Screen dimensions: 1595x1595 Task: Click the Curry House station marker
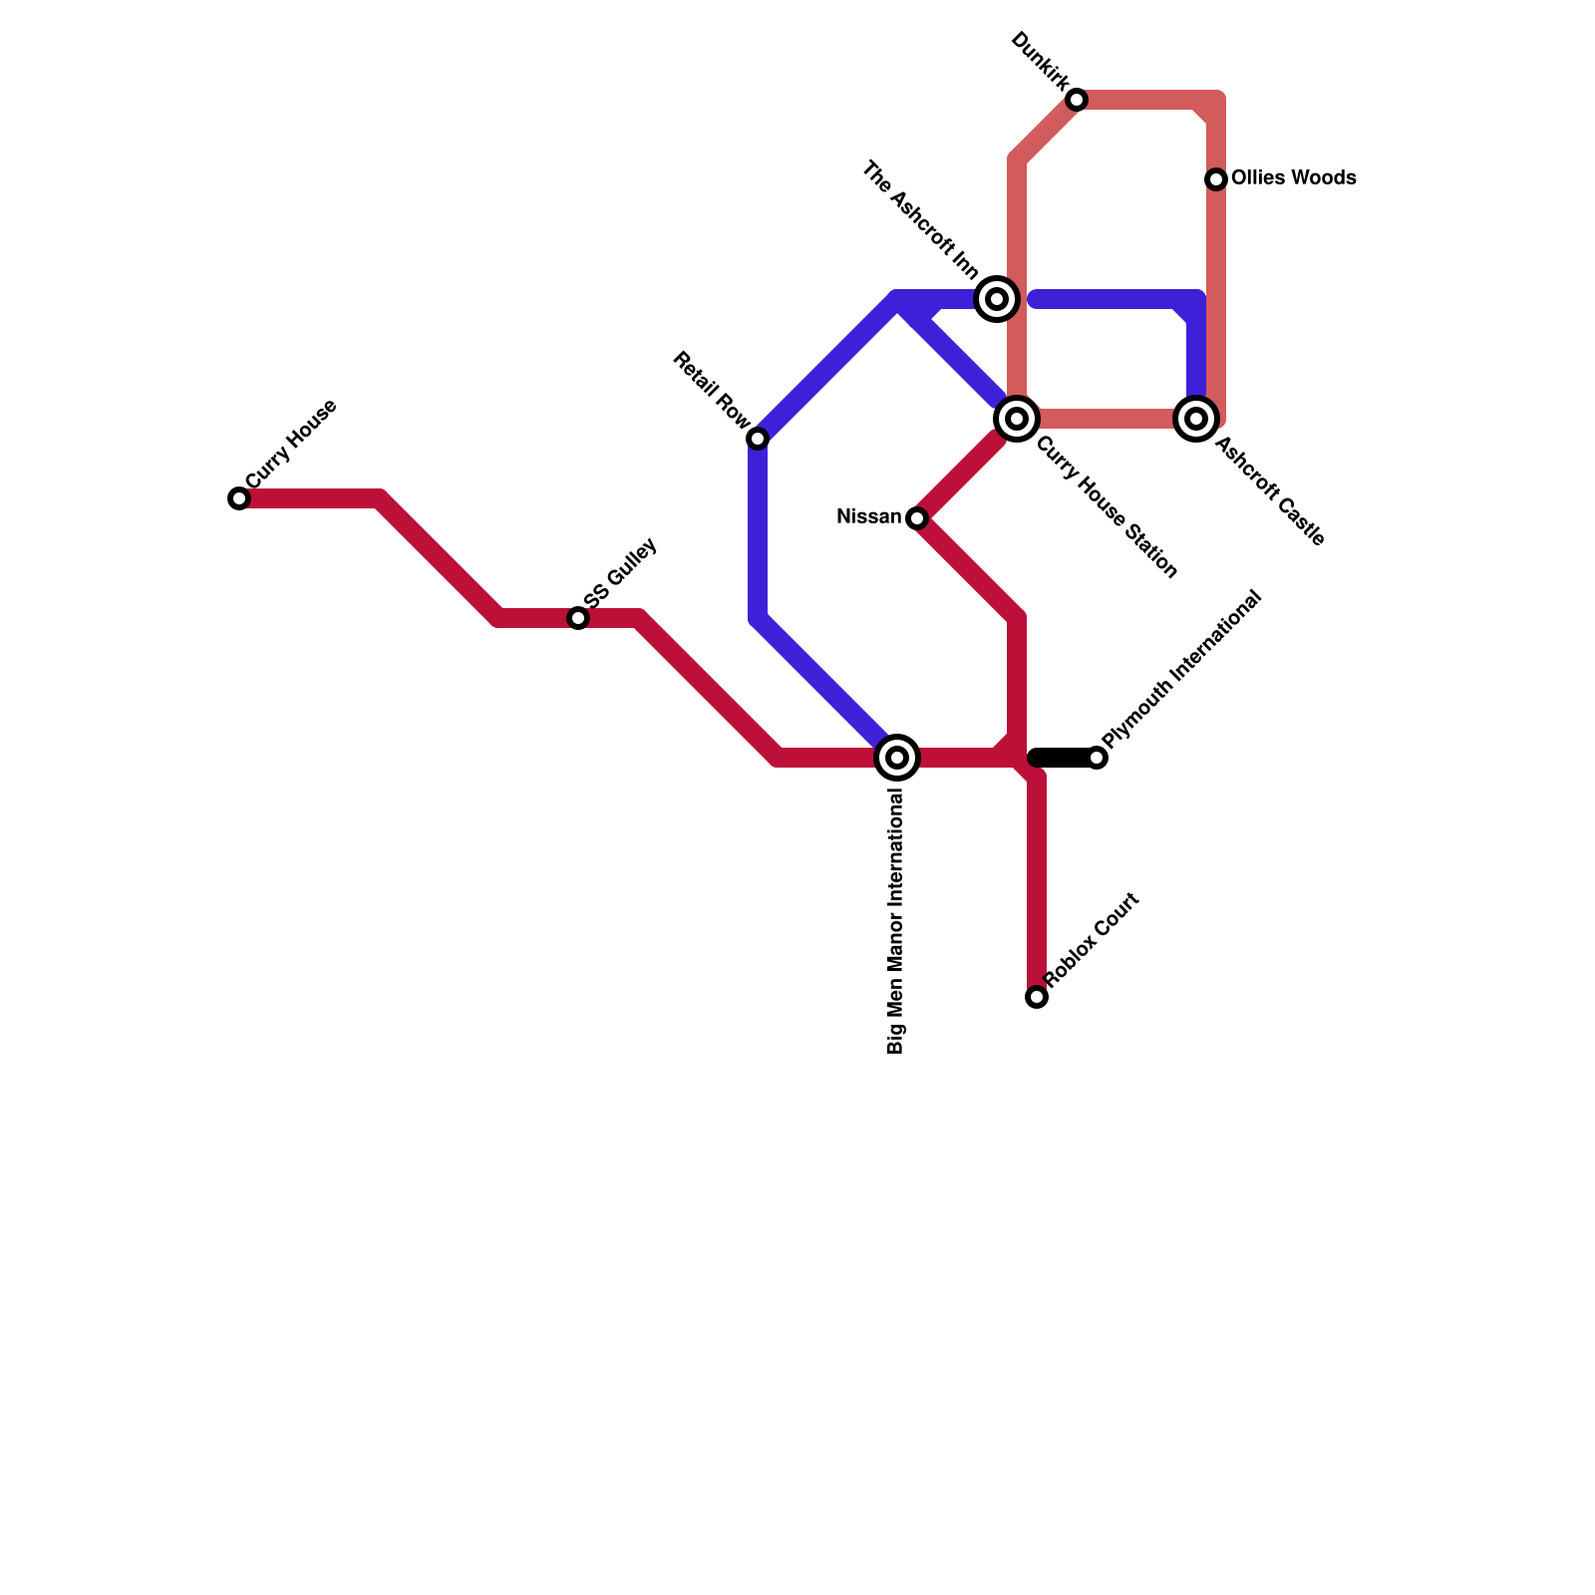pyautogui.click(x=239, y=498)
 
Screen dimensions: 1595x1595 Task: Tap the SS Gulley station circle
pyautogui.click(x=578, y=618)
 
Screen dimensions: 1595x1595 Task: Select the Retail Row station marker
pyautogui.click(x=758, y=439)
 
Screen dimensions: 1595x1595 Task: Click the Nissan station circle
pyautogui.click(x=917, y=518)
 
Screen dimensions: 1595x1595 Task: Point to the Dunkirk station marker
pyautogui.click(x=1077, y=100)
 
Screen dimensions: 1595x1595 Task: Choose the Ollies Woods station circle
pyautogui.click(x=1216, y=179)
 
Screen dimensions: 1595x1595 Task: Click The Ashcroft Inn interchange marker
pyautogui.click(x=997, y=299)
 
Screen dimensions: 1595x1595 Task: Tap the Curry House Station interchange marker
pyautogui.click(x=1017, y=419)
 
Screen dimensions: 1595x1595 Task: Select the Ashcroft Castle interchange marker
pyautogui.click(x=1196, y=419)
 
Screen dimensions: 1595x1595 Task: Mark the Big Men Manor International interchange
pyautogui.click(x=897, y=758)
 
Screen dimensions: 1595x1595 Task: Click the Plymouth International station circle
pyautogui.click(x=1097, y=758)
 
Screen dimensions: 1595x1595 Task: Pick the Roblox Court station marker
pyautogui.click(x=1037, y=997)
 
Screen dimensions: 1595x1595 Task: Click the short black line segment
pyautogui.click(x=1063, y=758)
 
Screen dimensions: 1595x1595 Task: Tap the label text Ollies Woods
pyautogui.click(x=1293, y=178)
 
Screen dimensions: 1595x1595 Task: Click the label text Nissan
pyautogui.click(x=868, y=517)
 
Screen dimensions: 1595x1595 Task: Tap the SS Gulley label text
pyautogui.click(x=621, y=574)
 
